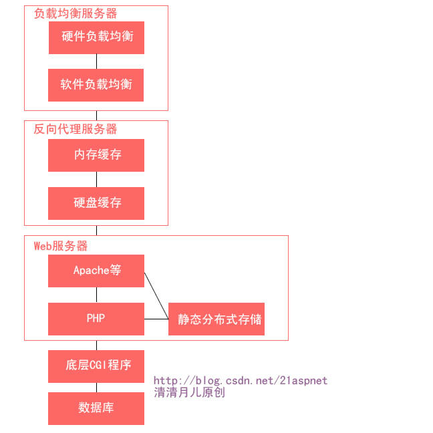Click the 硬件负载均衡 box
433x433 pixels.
tap(96, 37)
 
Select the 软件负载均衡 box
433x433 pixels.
tap(96, 85)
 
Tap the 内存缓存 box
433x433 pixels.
tap(96, 155)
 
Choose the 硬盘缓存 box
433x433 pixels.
tap(96, 203)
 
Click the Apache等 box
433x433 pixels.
tap(96, 271)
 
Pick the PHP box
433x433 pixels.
tap(96, 319)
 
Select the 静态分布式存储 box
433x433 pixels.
tap(216, 319)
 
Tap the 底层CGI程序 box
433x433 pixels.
tap(96, 366)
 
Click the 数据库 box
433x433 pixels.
tap(96, 408)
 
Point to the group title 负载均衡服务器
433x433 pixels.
tap(76, 13)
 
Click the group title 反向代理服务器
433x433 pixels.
tap(76, 129)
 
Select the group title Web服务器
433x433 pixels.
tap(61, 246)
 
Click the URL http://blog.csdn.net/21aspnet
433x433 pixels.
tap(241, 380)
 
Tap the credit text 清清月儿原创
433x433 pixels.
tap(190, 392)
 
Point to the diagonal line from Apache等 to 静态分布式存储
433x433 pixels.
tap(156, 295)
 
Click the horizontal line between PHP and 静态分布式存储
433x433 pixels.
tap(156, 319)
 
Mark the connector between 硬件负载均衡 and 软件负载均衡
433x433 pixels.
tap(96, 61)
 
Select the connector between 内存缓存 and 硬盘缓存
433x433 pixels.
tap(96, 179)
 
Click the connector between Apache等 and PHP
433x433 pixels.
tap(96, 295)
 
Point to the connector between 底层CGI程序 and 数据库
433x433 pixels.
tap(96, 388)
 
